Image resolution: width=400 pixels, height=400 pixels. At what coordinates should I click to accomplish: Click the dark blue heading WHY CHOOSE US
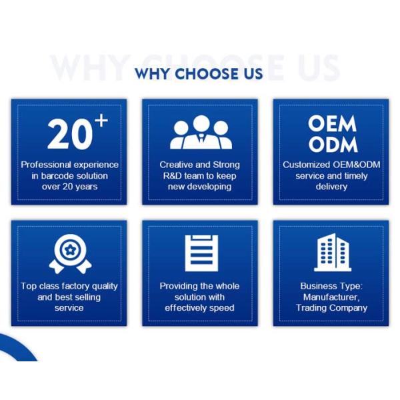tap(199, 74)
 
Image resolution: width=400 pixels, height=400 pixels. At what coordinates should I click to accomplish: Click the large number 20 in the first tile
tap(70, 134)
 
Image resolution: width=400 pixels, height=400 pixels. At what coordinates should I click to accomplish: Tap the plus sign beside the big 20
tap(102, 120)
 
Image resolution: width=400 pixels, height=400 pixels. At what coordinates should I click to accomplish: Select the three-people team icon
tap(201, 132)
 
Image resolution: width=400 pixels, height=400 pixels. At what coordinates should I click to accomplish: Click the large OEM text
tap(332, 124)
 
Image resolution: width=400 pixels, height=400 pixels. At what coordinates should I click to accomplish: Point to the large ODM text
tap(333, 144)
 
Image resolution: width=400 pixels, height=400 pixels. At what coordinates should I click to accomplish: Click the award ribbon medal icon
tap(70, 254)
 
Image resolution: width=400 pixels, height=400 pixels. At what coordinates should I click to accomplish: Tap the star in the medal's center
tap(69, 250)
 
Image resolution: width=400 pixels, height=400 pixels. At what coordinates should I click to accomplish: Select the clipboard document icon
tap(201, 253)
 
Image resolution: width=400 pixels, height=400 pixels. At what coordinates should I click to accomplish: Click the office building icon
tap(333, 252)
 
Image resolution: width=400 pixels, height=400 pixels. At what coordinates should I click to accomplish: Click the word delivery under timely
tap(331, 187)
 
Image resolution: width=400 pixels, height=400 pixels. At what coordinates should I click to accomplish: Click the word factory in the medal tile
tap(76, 286)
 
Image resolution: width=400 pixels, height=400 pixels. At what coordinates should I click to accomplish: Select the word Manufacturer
tap(331, 297)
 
